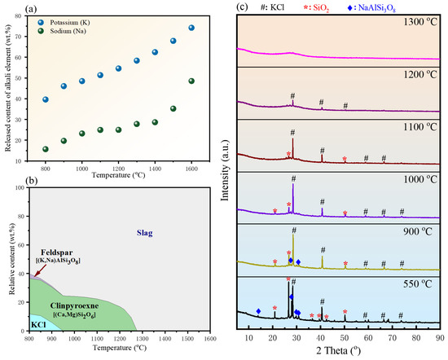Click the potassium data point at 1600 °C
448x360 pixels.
coord(191,28)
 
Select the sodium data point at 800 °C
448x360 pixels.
coord(46,149)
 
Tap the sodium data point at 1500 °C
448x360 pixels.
coord(173,108)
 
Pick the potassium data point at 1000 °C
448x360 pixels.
coord(82,81)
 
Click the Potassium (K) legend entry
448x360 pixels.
coord(64,22)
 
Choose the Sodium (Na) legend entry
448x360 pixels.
coord(62,31)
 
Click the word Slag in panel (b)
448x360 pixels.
coord(144,233)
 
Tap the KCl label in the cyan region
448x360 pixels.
coord(38,325)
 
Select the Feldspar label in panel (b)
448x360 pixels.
coord(56,252)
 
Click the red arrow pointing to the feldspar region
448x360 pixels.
coord(39,271)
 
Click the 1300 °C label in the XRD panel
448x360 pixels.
coord(420,22)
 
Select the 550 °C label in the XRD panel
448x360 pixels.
coord(418,284)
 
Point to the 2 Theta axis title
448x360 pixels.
coord(339,351)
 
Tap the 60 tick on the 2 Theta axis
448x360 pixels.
coord(368,338)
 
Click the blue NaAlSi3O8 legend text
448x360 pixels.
coord(371,8)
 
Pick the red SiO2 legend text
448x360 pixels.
coord(317,8)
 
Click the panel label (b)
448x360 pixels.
coord(32,181)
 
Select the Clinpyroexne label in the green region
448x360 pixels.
coord(75,306)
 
